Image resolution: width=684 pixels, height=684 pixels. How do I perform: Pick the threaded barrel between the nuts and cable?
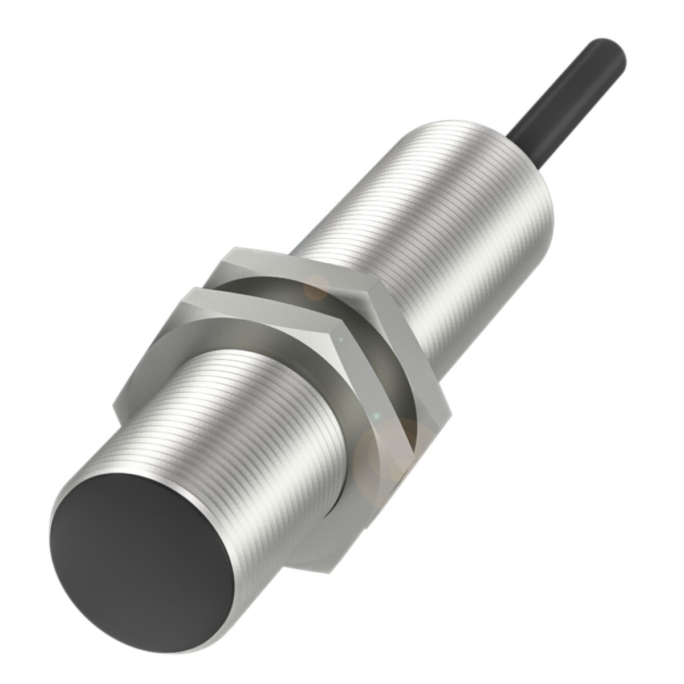pos(433,228)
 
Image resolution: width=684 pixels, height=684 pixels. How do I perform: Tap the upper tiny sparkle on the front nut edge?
pos(341,340)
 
